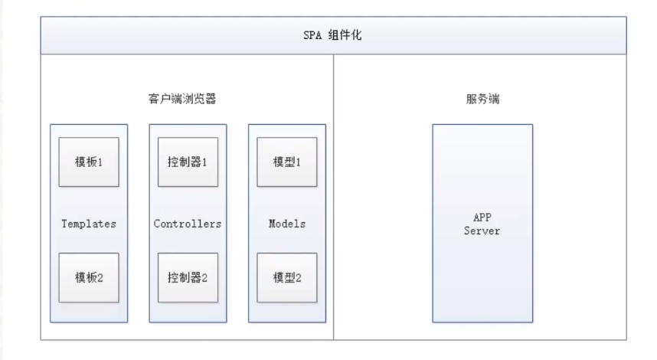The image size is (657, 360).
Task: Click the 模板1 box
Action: click(90, 162)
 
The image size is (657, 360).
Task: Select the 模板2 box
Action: click(90, 276)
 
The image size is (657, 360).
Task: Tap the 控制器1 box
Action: click(188, 162)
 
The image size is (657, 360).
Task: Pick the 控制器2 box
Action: click(188, 276)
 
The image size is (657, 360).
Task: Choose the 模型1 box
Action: click(287, 162)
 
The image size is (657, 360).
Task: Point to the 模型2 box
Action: click(287, 276)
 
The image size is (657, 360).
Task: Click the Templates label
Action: click(89, 224)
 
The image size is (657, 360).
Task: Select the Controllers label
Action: click(188, 224)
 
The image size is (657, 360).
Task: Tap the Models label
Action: click(287, 224)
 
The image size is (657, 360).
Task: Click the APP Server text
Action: click(482, 224)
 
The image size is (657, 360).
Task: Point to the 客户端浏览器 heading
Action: click(187, 100)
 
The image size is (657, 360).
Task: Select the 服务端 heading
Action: click(483, 100)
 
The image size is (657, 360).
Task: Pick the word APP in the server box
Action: click(482, 218)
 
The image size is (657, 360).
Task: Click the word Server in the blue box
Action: click(482, 231)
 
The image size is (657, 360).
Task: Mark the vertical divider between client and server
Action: click(334, 230)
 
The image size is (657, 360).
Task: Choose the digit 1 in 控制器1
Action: click(204, 162)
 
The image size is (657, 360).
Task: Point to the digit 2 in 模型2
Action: click(299, 276)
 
